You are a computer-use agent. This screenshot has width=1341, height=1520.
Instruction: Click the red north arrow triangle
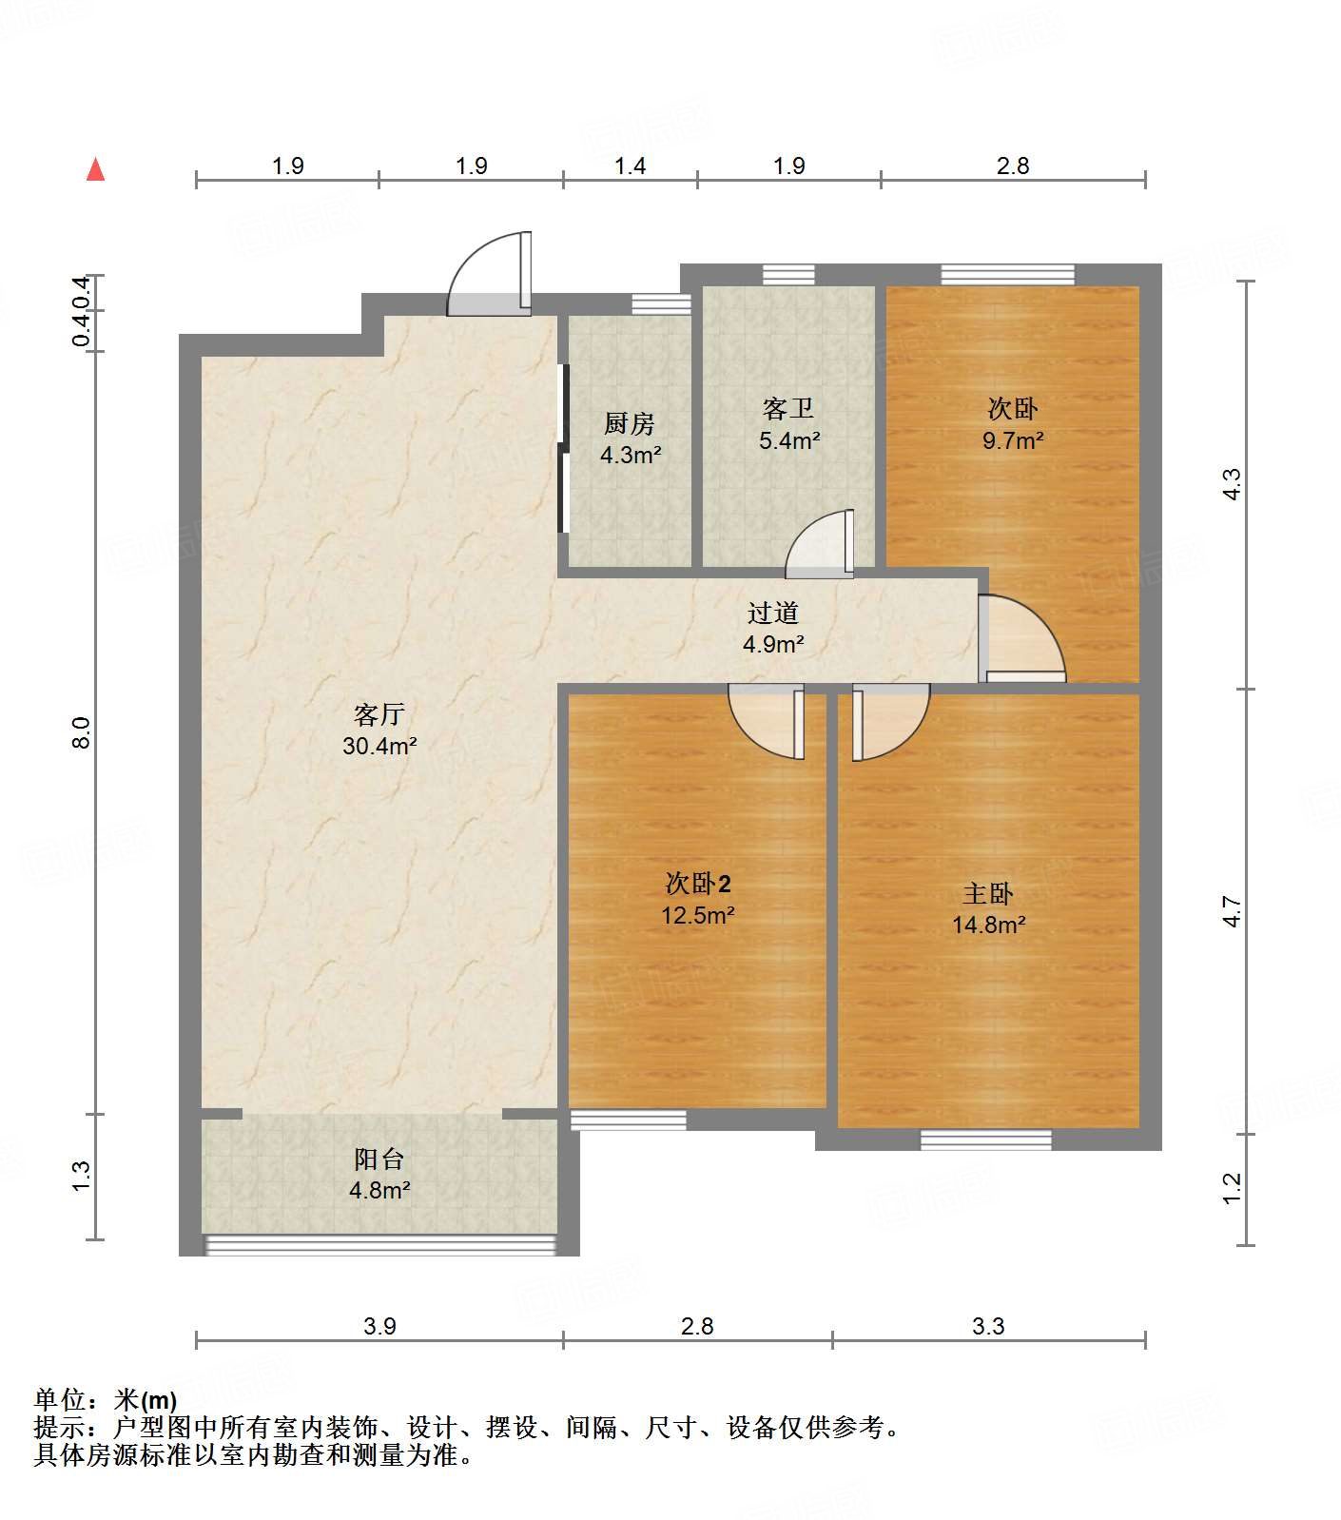[95, 169]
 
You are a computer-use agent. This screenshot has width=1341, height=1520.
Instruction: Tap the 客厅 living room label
[379, 714]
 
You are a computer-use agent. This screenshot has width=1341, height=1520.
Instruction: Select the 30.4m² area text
[379, 746]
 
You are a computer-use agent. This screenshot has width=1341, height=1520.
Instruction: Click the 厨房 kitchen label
[630, 423]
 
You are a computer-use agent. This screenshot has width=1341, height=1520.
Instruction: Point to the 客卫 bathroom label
[788, 409]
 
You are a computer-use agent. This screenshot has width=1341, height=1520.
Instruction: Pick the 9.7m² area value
[1013, 440]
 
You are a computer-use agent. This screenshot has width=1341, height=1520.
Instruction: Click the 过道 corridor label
[772, 614]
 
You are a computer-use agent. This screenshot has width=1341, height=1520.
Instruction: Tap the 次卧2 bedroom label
[698, 884]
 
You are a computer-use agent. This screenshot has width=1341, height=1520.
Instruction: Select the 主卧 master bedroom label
[988, 893]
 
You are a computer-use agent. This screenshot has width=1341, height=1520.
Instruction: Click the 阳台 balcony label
[379, 1159]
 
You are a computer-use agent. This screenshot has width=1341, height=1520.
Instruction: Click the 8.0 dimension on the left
[82, 732]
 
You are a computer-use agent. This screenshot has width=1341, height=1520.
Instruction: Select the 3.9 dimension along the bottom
[379, 1326]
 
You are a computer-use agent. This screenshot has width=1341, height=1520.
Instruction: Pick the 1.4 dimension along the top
[630, 166]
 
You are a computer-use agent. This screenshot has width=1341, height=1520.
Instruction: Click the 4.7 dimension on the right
[1233, 911]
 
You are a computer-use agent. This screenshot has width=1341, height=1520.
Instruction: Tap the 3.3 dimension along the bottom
[988, 1326]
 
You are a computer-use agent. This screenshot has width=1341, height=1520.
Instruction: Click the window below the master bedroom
[986, 1139]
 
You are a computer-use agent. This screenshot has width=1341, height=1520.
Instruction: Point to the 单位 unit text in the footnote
[59, 1400]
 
